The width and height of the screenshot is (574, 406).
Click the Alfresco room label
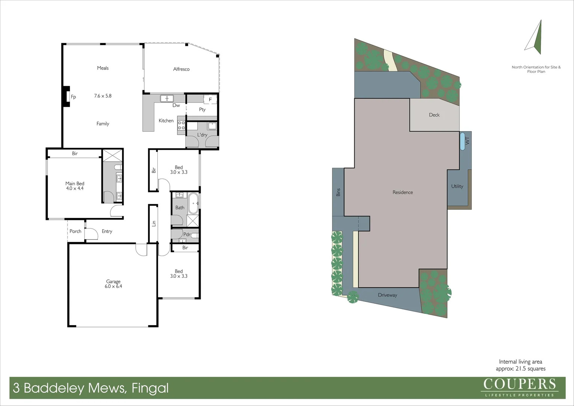click(x=181, y=69)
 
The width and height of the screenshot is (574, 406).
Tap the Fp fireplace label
click(x=73, y=97)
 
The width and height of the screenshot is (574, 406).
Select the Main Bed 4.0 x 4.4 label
click(x=75, y=186)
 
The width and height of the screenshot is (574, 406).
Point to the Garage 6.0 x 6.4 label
click(x=113, y=284)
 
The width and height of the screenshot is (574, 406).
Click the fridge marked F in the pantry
click(x=210, y=100)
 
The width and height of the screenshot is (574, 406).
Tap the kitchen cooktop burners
click(x=181, y=125)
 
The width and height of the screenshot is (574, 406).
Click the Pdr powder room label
click(x=187, y=235)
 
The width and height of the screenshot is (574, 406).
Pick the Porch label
click(x=75, y=231)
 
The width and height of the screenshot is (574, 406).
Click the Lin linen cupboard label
click(x=154, y=223)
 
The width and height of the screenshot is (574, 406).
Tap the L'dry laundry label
click(x=202, y=135)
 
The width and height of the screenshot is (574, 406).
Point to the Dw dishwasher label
click(x=176, y=105)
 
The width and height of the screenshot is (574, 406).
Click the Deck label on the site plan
click(x=434, y=115)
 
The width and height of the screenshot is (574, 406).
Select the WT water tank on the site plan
click(x=463, y=141)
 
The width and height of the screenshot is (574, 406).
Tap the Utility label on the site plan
click(x=457, y=186)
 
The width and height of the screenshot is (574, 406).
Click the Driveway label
click(x=387, y=295)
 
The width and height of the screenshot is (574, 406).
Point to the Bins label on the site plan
click(x=338, y=192)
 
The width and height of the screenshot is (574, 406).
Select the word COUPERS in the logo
click(x=520, y=384)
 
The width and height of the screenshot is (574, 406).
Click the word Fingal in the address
click(x=150, y=388)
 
